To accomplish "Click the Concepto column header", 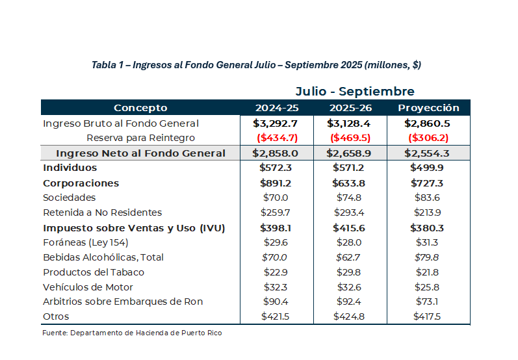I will point(140,108).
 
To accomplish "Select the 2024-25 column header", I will point(276,108).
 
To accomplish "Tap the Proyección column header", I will point(428,108).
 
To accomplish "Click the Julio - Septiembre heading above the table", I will point(355,92).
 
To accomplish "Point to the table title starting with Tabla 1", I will point(256,65).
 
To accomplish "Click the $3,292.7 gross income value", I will point(276,123).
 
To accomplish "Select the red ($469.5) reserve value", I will point(350,138).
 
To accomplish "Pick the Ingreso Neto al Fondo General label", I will point(141,153).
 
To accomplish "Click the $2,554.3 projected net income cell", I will point(428,153).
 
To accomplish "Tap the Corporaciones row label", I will point(81,183).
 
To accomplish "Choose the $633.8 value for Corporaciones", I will point(350,183).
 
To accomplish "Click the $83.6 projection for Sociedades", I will point(428,198).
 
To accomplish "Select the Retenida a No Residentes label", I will point(102,212).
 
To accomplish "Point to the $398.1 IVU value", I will point(276,228).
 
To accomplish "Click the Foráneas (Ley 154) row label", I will point(86,242).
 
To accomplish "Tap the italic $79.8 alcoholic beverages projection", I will point(428,257).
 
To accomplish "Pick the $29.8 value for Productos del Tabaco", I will point(350,272).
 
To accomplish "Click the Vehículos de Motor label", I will point(88,287).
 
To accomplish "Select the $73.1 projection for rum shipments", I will point(428,302).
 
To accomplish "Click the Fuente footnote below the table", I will point(132,333).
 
